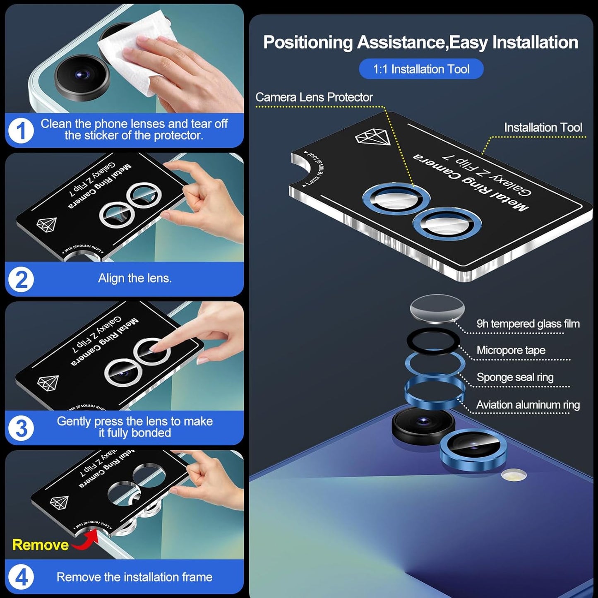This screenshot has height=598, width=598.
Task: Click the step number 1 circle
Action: point(21,131)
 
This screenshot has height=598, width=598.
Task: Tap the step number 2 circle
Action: point(21,280)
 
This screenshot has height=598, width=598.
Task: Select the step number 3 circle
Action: point(21,428)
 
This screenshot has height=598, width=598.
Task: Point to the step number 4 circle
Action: point(21,577)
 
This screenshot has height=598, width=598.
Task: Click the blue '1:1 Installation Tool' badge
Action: point(421,69)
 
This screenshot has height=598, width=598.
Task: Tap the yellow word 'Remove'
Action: point(40,545)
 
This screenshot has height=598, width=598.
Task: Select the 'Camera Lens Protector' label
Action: point(314,97)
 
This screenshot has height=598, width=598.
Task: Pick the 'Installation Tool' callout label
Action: point(543,127)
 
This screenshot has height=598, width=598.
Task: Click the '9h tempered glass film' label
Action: point(528,324)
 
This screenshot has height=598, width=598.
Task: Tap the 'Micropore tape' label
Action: point(511,351)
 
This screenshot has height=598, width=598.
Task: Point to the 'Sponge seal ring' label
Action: point(515,377)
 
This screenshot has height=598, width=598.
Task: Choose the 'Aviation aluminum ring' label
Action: point(528,405)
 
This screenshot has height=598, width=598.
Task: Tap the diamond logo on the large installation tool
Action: point(373,137)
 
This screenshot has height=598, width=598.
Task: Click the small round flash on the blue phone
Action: point(514,475)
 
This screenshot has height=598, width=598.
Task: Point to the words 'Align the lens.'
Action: point(134,278)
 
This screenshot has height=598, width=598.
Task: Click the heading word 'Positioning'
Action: point(307,43)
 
